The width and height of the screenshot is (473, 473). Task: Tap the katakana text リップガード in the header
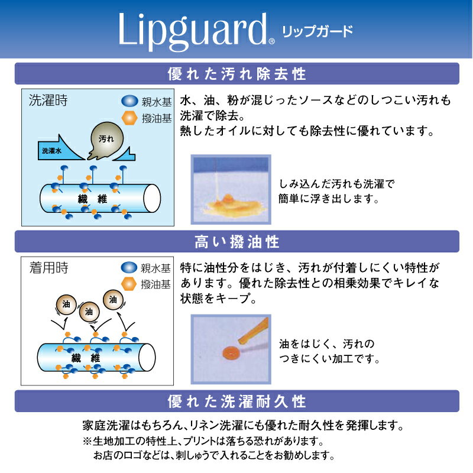coord(318,31)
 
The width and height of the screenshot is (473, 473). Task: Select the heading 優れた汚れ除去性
coord(237,74)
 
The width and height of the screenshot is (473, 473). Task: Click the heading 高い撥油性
coord(237,242)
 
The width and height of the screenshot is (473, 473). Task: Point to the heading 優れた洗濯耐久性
coord(237,401)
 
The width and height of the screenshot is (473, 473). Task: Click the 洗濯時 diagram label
coord(48,100)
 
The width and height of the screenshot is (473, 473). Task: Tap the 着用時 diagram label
coord(49,268)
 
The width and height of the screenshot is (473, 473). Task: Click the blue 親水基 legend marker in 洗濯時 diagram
coord(129,101)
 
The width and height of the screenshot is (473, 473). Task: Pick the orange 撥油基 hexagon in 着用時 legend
coord(129,284)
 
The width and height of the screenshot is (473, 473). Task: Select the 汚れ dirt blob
coord(106,140)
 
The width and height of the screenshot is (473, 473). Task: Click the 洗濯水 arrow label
coord(51,151)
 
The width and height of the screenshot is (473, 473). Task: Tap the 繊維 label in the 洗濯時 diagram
coord(92,199)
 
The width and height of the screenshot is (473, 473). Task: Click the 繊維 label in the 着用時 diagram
coord(86,358)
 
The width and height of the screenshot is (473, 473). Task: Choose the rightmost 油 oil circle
coord(113,300)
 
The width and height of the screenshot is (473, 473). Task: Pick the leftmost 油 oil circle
coord(66,304)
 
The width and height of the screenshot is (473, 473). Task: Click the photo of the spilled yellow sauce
coord(231,189)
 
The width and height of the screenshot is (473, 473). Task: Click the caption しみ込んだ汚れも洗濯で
coord(336,184)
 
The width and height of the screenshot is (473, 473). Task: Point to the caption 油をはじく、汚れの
coord(327,344)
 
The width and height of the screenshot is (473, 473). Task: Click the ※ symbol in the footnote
coord(88,441)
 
